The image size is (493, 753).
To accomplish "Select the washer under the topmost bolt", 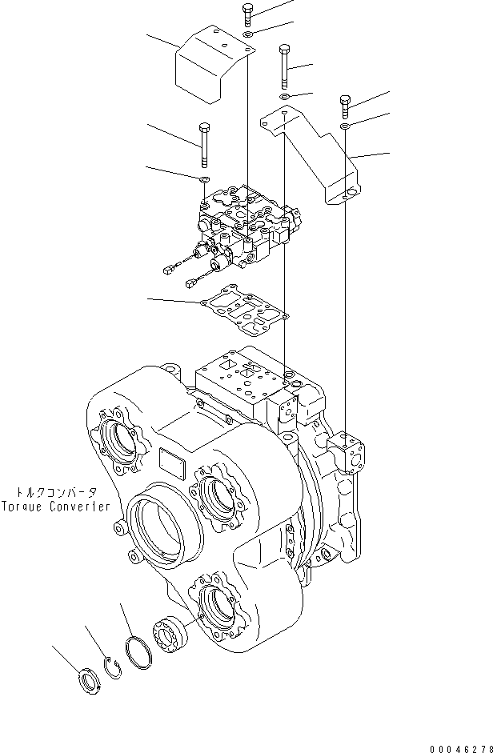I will click(x=248, y=35).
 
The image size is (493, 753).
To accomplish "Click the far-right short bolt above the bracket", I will click(x=345, y=106).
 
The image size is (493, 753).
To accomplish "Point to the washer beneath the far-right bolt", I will click(x=345, y=126).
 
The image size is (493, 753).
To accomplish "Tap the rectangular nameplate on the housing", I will click(x=170, y=462).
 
